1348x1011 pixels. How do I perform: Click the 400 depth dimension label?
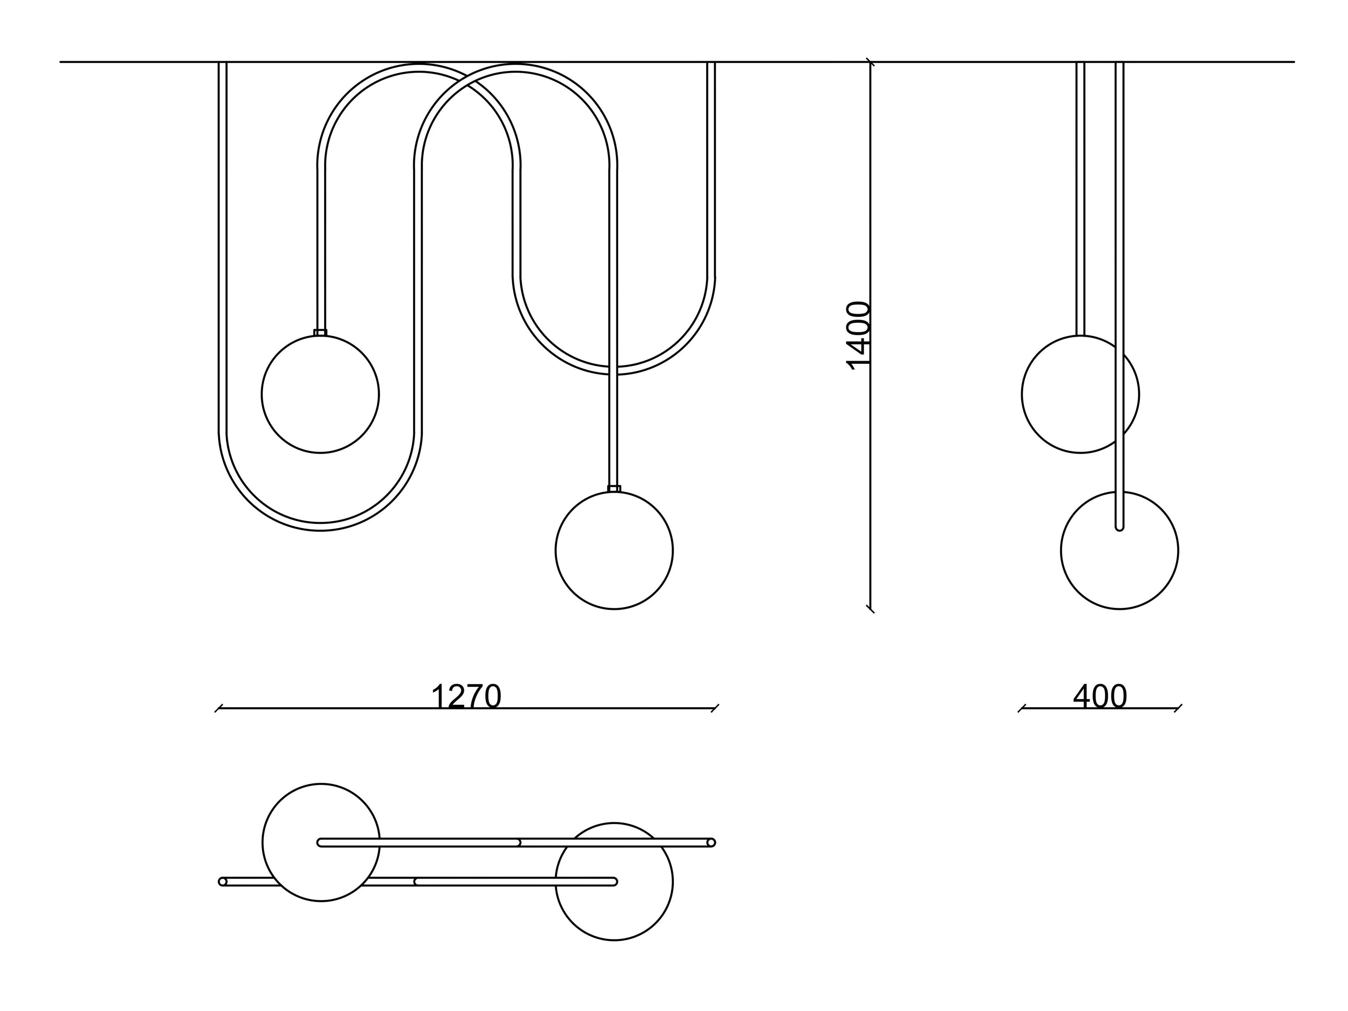pyautogui.click(x=1100, y=696)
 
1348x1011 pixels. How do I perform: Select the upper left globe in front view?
pyautogui.click(x=321, y=394)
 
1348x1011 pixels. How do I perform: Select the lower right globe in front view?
pyautogui.click(x=614, y=550)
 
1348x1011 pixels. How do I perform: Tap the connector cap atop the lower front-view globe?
pyautogui.click(x=614, y=488)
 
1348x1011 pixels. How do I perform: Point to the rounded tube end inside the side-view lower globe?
pyautogui.click(x=1119, y=527)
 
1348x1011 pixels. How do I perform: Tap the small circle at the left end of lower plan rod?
pyautogui.click(x=223, y=882)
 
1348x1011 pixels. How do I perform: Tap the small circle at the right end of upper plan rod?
pyautogui.click(x=711, y=843)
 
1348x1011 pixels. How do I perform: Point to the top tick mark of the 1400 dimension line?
pyautogui.click(x=870, y=61)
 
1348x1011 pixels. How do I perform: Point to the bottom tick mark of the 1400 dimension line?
pyautogui.click(x=870, y=608)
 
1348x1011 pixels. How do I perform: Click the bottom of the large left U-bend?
pyautogui.click(x=321, y=527)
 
